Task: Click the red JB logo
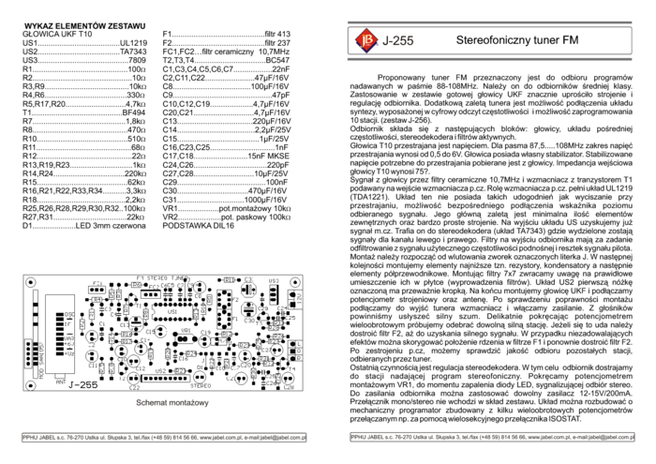pyautogui.click(x=365, y=40)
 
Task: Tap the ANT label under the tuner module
pyautogui.click(x=61, y=382)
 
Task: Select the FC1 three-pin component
pyautogui.click(x=98, y=289)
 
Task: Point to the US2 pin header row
pyautogui.click(x=161, y=378)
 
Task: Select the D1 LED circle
pyautogui.click(x=200, y=375)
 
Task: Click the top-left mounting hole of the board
pyautogui.click(x=31, y=281)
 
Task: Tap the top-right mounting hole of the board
pyautogui.click(x=297, y=281)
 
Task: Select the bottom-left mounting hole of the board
pyautogui.click(x=31, y=383)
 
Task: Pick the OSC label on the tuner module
pyautogui.click(x=70, y=315)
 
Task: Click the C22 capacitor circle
pyautogui.click(x=134, y=377)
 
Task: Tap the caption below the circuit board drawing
pyautogui.click(x=171, y=404)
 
